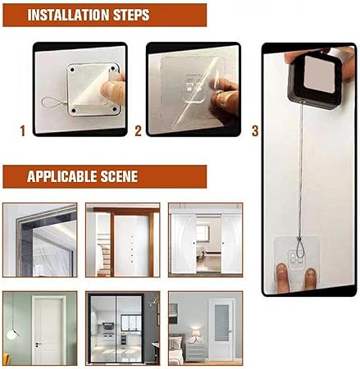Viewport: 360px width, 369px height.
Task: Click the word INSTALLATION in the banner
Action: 69,15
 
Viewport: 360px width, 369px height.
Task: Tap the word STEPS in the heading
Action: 131,15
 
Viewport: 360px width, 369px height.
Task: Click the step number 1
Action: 23,131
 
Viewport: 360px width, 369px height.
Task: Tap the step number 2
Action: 138,131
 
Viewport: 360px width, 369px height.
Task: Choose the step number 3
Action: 255,131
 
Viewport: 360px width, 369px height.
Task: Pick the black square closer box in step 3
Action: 314,80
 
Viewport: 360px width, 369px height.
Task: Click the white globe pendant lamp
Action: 11,335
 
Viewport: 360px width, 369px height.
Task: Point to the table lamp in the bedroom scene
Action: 196,335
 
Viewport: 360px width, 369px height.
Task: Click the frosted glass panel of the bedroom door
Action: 221,322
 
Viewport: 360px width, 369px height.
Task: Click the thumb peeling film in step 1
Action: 112,87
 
